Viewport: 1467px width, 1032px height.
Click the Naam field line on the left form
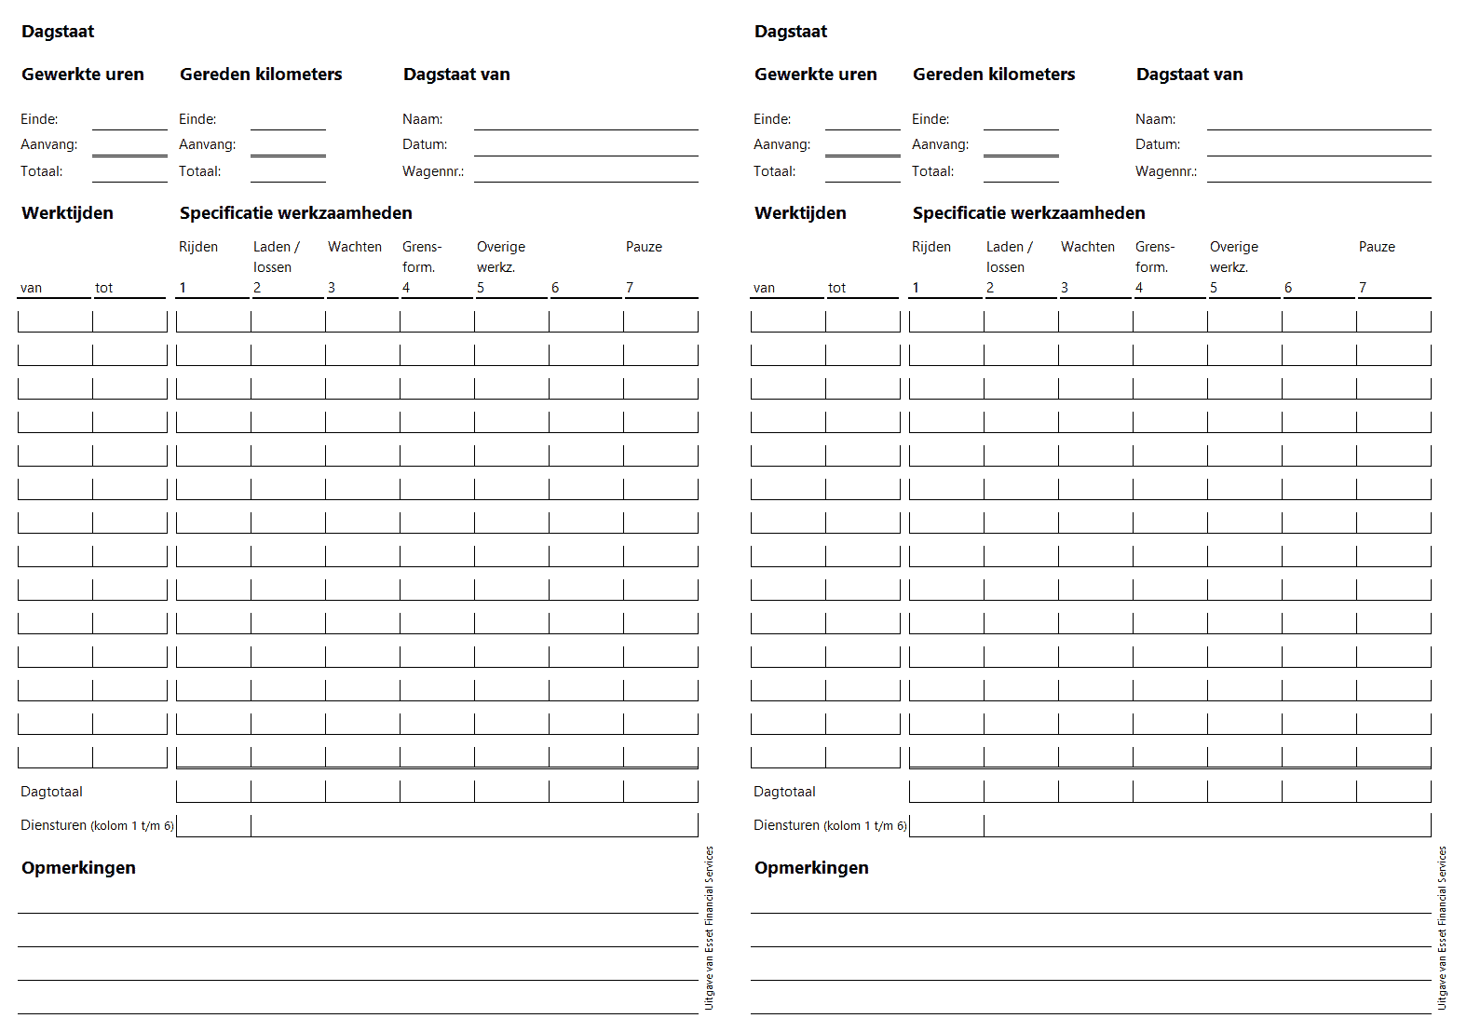pyautogui.click(x=585, y=120)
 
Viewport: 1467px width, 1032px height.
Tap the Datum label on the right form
pyautogui.click(x=1157, y=144)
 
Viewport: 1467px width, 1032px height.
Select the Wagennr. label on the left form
pyautogui.click(x=432, y=171)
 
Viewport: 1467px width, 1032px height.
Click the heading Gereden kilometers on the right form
pyautogui.click(x=993, y=75)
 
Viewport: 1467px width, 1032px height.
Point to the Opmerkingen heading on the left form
pyautogui.click(x=78, y=868)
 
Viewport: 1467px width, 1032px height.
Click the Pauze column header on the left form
pyautogui.click(x=644, y=247)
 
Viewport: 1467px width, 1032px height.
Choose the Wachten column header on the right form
pyautogui.click(x=1087, y=247)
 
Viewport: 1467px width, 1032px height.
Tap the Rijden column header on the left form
pyautogui.click(x=197, y=247)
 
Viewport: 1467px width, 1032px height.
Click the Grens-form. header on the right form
pyautogui.click(x=1154, y=257)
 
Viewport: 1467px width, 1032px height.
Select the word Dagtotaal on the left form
pyautogui.click(x=51, y=792)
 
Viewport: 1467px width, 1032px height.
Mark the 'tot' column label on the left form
pyautogui.click(x=103, y=289)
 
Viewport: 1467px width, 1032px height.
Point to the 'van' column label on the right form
pyautogui.click(x=764, y=289)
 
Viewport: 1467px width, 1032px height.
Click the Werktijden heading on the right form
pyautogui.click(x=800, y=213)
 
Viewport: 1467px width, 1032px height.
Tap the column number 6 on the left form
pyautogui.click(x=555, y=288)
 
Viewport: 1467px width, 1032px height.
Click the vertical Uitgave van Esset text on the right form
pyautogui.click(x=1442, y=928)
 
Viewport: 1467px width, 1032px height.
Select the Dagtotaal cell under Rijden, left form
pyautogui.click(x=213, y=792)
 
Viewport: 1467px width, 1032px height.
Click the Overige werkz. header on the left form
pyautogui.click(x=500, y=257)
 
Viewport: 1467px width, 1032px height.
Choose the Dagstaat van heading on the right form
pyautogui.click(x=1189, y=75)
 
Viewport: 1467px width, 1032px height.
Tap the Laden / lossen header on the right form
pyautogui.click(x=1009, y=257)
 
